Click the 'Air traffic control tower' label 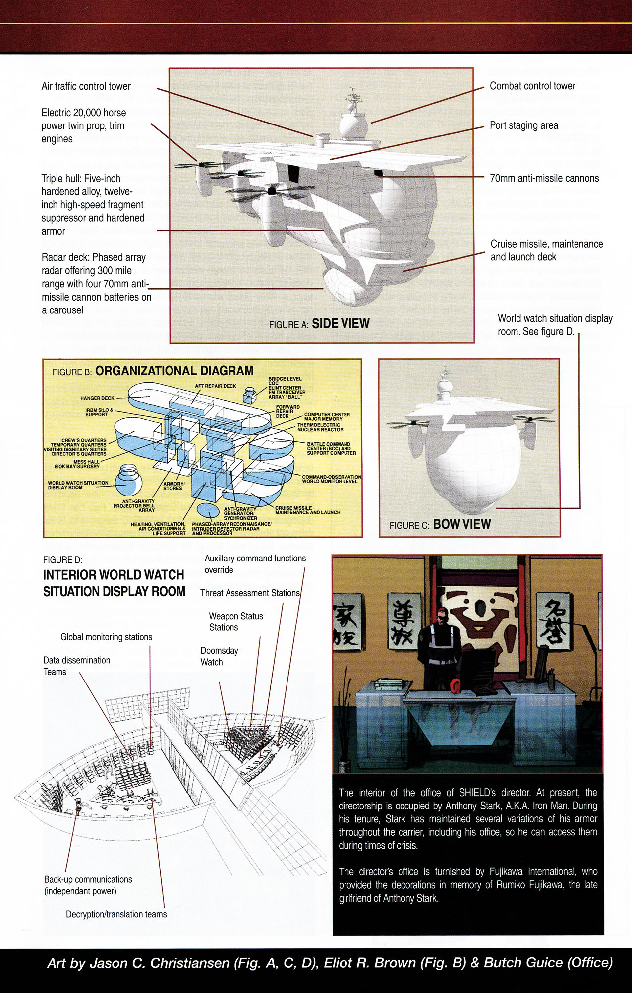click(x=86, y=86)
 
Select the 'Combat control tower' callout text click(x=532, y=86)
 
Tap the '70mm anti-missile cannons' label click(x=544, y=178)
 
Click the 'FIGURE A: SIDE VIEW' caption click(x=319, y=324)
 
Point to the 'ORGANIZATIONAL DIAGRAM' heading click(x=174, y=371)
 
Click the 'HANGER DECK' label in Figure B click(x=97, y=398)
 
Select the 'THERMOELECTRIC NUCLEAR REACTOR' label click(x=320, y=427)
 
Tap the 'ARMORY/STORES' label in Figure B click(x=173, y=486)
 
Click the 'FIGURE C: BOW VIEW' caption click(x=440, y=525)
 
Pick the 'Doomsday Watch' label click(x=219, y=656)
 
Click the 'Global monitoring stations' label click(x=106, y=637)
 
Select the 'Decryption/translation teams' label click(x=116, y=914)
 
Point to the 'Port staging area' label click(x=523, y=125)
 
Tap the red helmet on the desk click(x=455, y=686)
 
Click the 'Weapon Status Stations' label click(x=235, y=621)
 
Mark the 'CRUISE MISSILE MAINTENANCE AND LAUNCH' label click(x=307, y=510)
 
